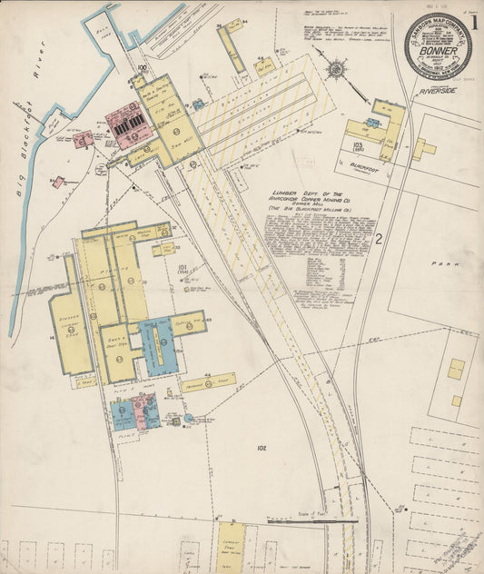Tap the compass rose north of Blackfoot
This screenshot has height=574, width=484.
pos(337,69)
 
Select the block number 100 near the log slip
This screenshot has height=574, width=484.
pos(142,68)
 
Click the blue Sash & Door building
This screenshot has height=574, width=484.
pos(160,347)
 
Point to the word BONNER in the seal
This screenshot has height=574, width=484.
pos(438,52)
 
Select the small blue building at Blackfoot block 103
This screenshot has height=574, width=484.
pos(372,123)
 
